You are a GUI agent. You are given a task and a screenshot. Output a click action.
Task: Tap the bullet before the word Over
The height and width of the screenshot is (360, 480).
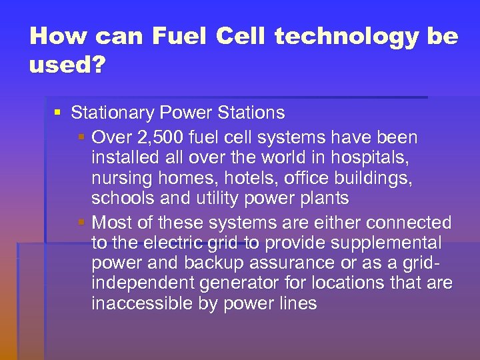tap(81, 138)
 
